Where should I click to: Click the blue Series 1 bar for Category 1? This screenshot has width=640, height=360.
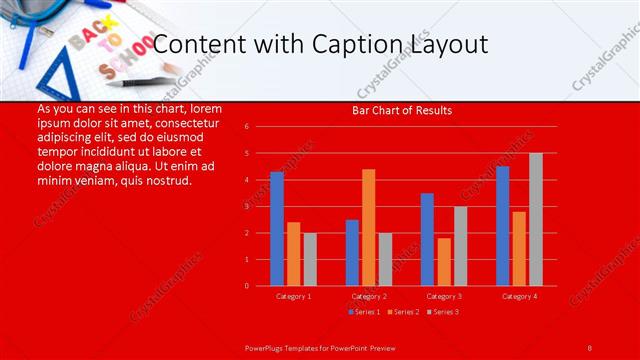277,229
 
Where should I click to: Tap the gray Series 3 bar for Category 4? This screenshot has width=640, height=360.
536,219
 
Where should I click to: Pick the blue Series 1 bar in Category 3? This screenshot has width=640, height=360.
427,239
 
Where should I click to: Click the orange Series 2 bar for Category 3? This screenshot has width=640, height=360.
444,262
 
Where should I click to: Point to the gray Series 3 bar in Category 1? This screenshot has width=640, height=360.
310,259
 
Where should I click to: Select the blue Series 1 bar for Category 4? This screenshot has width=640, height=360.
502,226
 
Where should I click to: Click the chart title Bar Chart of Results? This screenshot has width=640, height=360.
402,110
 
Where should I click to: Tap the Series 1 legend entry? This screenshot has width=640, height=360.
363,312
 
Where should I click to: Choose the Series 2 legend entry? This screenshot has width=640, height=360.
402,312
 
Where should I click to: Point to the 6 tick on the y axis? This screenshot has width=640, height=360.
246,127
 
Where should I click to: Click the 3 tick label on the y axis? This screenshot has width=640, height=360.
246,206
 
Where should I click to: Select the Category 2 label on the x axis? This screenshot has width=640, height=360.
369,296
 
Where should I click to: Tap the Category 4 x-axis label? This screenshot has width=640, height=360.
519,296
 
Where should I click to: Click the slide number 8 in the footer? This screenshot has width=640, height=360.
589,346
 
